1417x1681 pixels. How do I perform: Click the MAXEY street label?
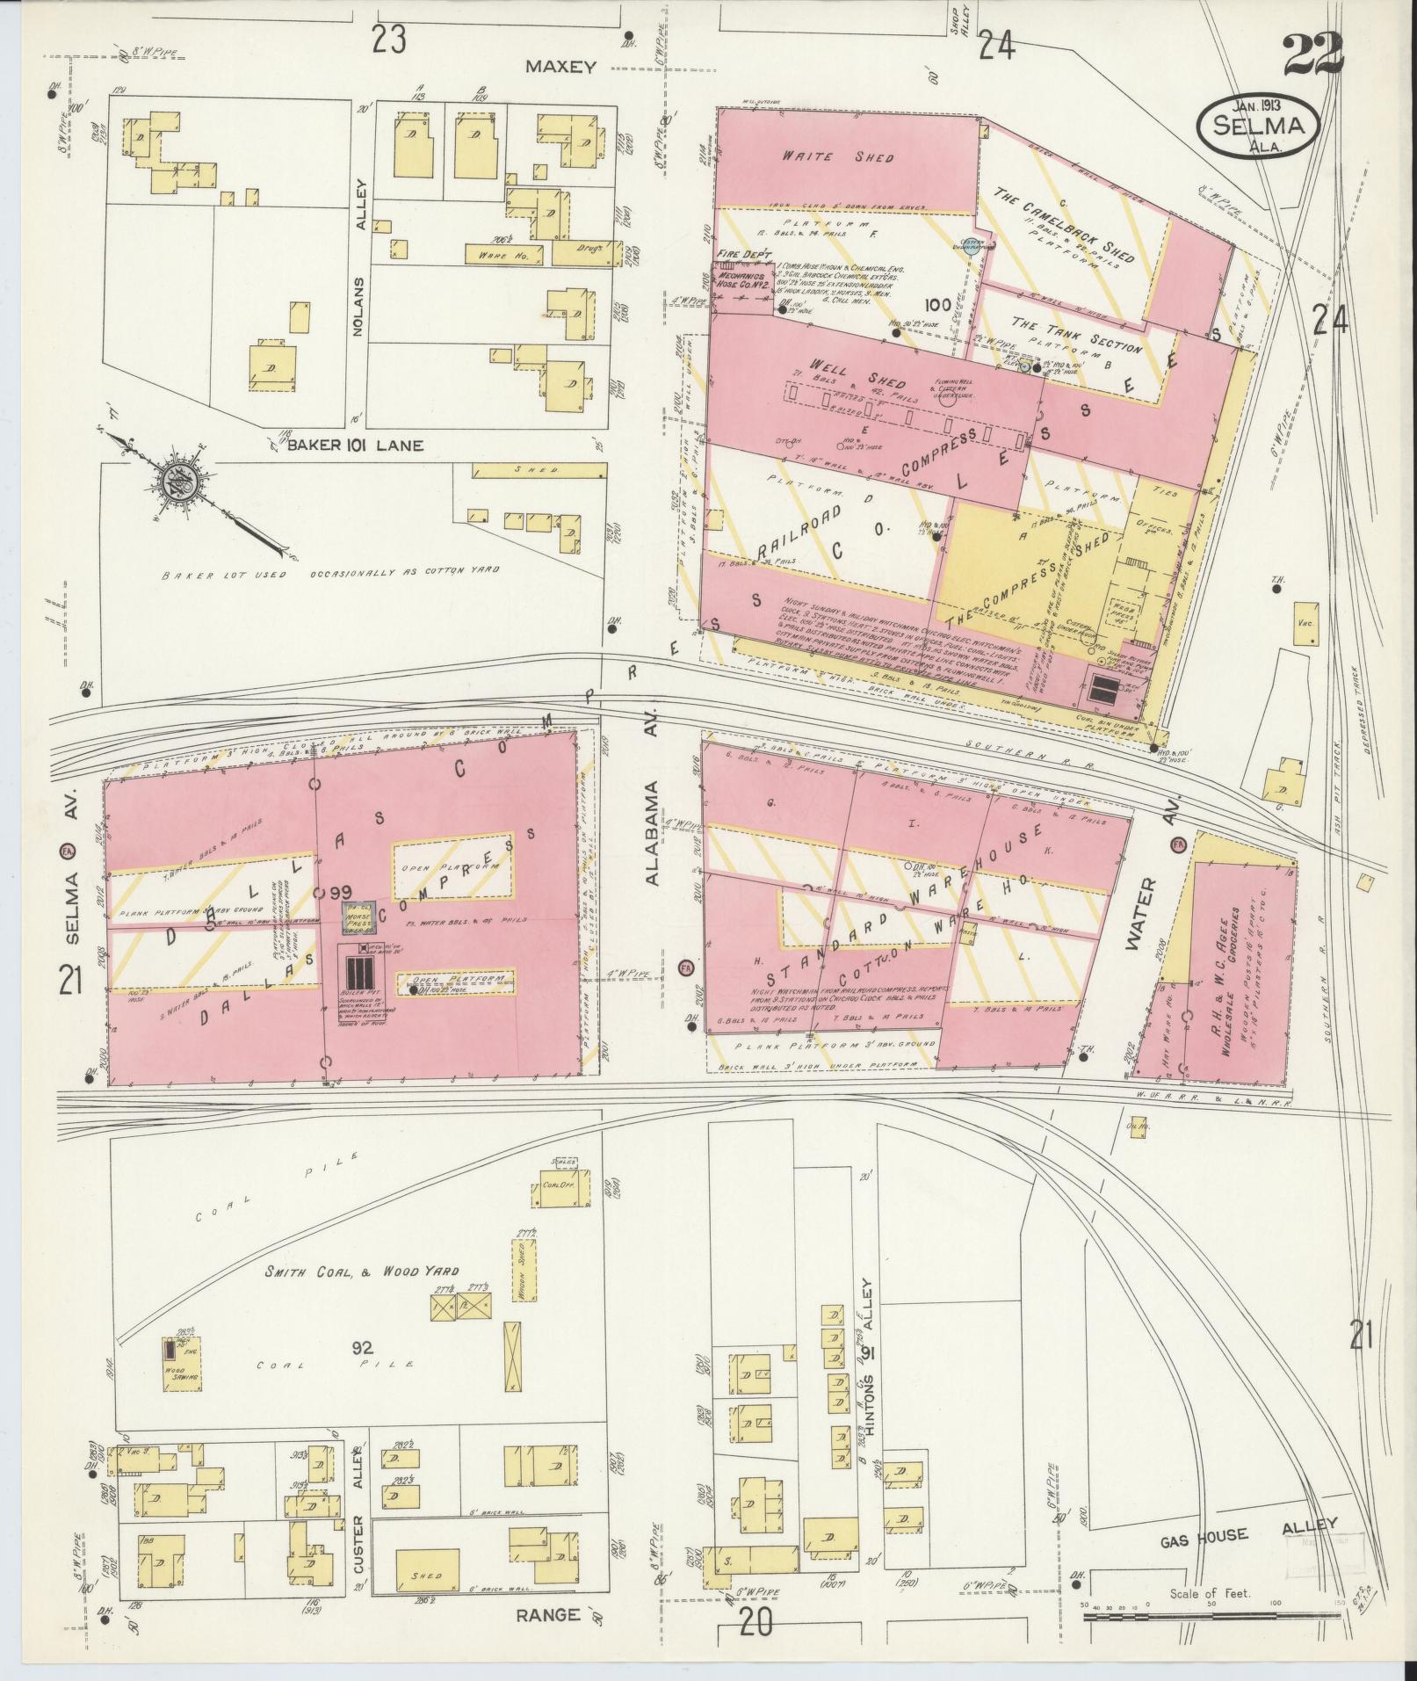(561, 67)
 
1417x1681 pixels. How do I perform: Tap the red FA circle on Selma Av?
(68, 851)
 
